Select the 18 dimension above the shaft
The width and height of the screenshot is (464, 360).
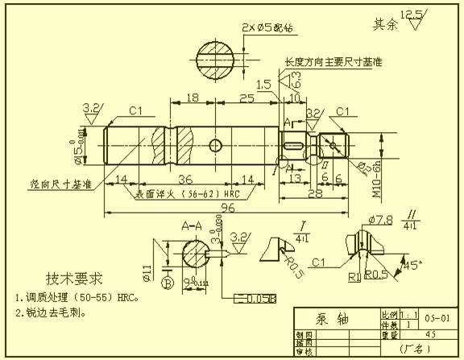click(192, 98)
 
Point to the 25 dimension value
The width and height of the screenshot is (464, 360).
click(246, 98)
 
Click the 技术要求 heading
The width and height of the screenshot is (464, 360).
click(74, 279)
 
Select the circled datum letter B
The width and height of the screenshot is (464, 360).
click(168, 283)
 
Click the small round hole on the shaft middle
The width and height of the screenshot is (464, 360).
click(215, 145)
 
